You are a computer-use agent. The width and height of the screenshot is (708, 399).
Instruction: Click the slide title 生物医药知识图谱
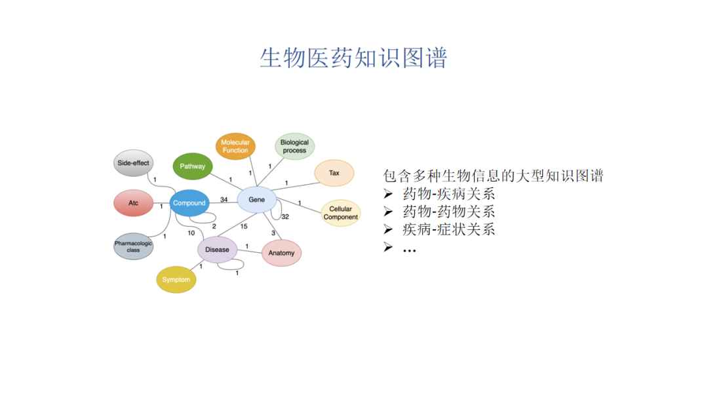(353, 58)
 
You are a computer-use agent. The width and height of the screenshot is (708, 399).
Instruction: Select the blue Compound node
(189, 203)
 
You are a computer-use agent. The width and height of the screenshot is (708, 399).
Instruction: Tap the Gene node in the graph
(256, 199)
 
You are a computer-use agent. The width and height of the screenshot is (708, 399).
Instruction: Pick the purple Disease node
(217, 250)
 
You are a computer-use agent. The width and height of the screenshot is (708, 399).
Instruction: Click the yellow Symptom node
(176, 280)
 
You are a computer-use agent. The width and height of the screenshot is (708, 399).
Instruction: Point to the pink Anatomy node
(281, 253)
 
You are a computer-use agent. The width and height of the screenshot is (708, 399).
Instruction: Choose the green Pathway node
(193, 166)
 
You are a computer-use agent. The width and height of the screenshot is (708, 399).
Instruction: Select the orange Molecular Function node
(235, 146)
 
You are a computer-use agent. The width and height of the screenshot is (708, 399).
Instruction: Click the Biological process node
(294, 147)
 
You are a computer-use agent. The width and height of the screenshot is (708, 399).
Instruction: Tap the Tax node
(334, 173)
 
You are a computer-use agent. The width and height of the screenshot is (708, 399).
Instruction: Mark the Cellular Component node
(341, 213)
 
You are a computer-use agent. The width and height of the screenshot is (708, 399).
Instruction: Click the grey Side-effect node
(133, 163)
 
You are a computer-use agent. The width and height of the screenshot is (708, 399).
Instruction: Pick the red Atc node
(133, 203)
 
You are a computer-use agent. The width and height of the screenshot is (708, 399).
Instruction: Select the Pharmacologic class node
(133, 246)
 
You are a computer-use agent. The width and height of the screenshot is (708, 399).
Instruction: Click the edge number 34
(224, 199)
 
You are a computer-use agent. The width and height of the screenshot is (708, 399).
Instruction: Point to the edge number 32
(285, 216)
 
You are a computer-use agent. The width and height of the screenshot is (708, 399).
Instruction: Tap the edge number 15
(244, 227)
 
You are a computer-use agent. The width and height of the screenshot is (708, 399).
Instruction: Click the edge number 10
(191, 233)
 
